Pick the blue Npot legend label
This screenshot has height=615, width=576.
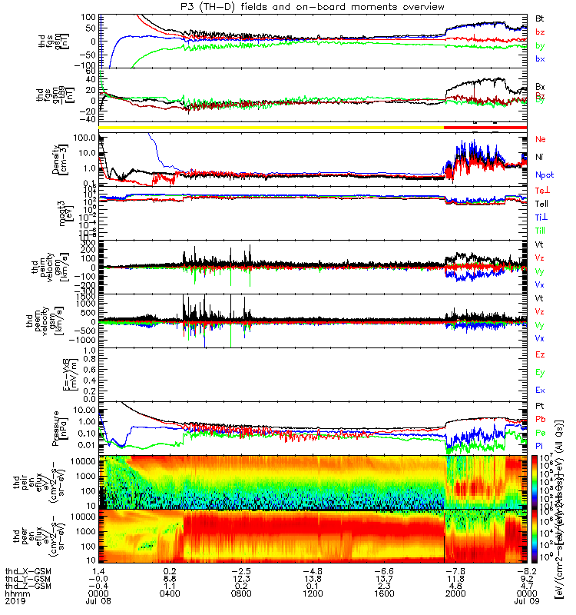click(543, 175)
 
